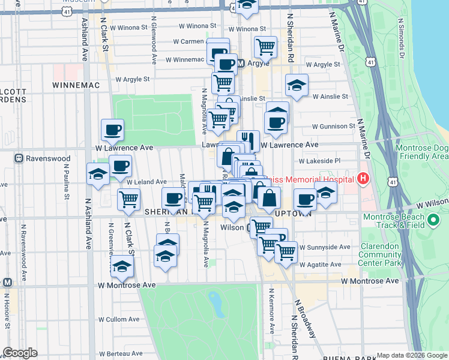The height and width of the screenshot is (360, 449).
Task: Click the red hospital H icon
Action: pos(363,178)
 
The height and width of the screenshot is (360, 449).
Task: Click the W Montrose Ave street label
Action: pos(370,281)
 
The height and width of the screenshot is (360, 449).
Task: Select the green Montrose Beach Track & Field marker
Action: pos(434,224)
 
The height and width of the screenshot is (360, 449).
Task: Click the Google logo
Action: pos(20,353)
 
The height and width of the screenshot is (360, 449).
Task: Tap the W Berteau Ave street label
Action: pos(123,353)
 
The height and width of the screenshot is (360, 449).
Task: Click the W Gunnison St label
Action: pos(334,126)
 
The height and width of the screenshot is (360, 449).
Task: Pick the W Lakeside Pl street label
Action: pos(319,161)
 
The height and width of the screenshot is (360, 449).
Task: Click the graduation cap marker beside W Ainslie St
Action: pos(297,86)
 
